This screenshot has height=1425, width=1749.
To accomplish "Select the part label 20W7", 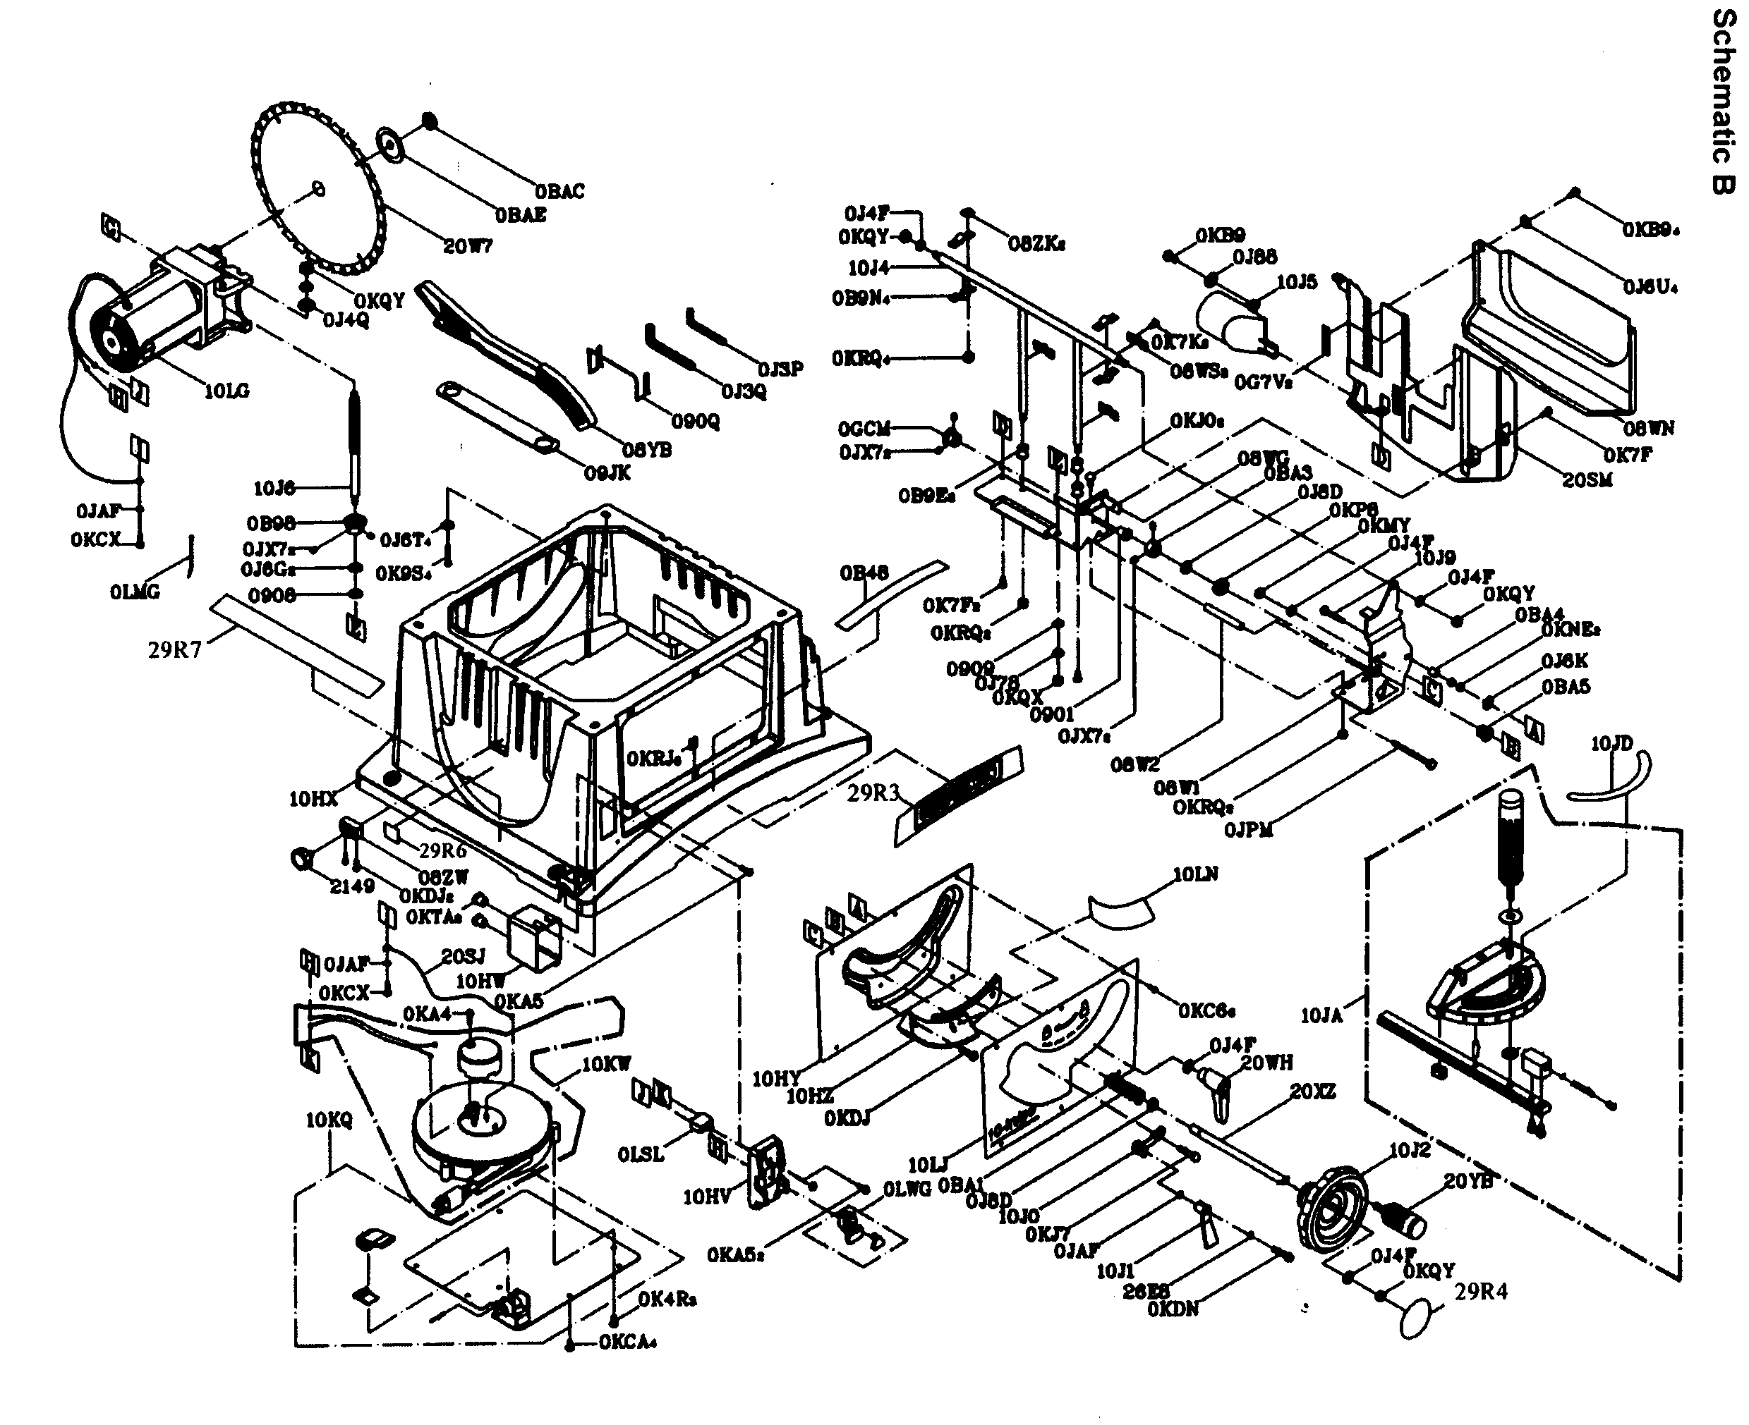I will pos(468,245).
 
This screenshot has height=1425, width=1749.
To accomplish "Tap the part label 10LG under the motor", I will pos(226,391).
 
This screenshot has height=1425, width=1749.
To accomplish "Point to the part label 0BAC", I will pos(560,192).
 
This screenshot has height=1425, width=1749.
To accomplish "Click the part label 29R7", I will pos(174,651).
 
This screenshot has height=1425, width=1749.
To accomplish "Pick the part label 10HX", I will pos(313,798).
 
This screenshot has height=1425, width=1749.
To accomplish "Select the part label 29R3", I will pos(873,793).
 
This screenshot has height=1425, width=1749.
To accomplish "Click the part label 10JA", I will pos(1321,1016).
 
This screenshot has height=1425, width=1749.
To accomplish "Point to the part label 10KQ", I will pos(329,1120).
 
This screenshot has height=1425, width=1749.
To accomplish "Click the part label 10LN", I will pos(1194,875).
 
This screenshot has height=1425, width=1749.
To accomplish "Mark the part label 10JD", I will pos(1611,744).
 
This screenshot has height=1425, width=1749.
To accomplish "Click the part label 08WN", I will pos(1649,429).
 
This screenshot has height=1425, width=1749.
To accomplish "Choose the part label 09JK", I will pos(607,473).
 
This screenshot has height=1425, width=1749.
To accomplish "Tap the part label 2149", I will pos(352,886).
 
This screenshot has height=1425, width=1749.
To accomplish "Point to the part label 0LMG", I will pos(135,592).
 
